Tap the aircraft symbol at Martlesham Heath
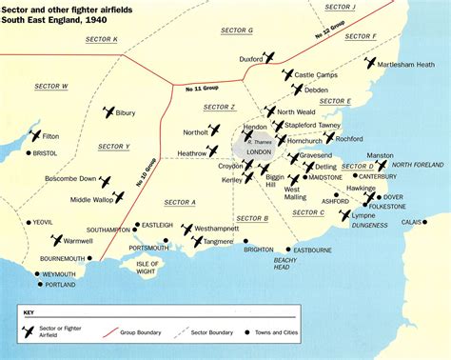point(370,65)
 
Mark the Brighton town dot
point(245,241)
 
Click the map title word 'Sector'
point(19,9)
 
